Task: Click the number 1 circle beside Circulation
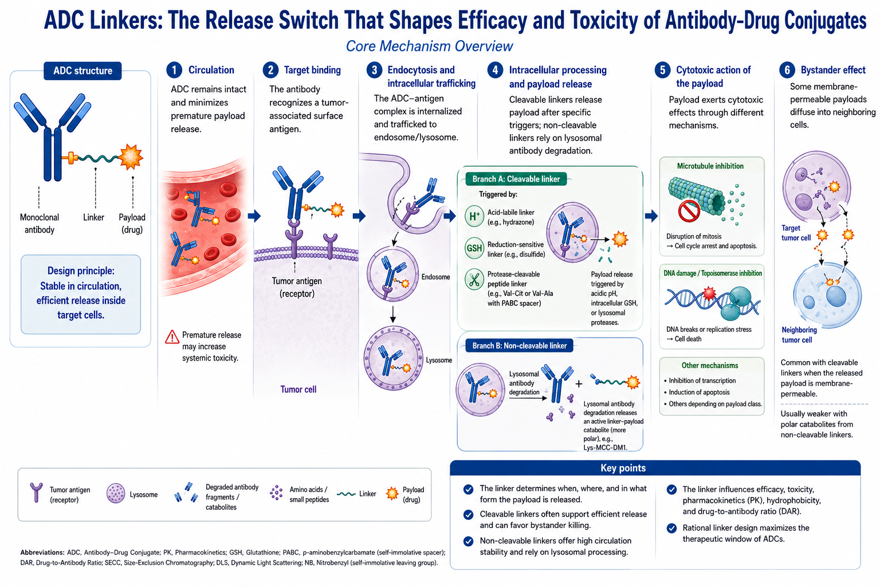coord(174,70)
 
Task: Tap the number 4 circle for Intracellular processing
coord(495,70)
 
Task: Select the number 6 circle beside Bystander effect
coord(787,70)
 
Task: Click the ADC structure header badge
coord(82,71)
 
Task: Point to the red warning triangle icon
coord(172,337)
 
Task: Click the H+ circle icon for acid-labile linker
coord(474,216)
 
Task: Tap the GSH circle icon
coord(474,248)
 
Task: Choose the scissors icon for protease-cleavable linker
coord(474,280)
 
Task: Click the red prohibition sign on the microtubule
coord(689,211)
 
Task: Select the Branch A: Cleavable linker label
coord(516,179)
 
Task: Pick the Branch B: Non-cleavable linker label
coord(519,346)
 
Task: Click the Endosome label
coord(435,277)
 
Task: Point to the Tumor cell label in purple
coord(298,389)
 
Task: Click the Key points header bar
coord(655,468)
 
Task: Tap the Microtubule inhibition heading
coord(710,166)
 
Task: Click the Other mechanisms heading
coord(709,365)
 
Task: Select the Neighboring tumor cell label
coord(799,335)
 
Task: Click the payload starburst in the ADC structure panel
coord(131,157)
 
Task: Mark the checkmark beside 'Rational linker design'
coord(671,528)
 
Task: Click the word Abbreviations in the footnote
coord(42,553)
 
